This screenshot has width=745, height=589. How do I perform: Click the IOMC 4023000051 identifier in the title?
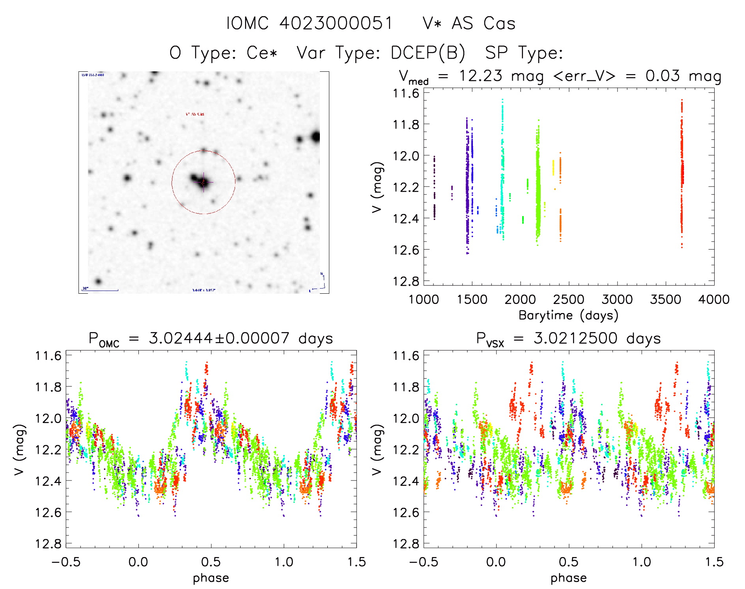(x=310, y=23)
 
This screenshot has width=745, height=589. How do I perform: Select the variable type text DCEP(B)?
(x=428, y=52)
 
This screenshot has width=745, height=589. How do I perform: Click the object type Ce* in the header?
(x=262, y=52)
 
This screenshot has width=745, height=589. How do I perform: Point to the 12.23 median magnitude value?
(x=480, y=76)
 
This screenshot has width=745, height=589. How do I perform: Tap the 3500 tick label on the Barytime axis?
(x=665, y=300)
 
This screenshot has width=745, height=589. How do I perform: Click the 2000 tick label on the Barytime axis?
(x=520, y=300)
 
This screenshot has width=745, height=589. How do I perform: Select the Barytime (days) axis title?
(x=568, y=315)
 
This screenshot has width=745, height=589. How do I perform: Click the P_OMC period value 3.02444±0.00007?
(x=219, y=338)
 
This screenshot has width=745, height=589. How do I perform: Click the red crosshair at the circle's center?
(x=204, y=182)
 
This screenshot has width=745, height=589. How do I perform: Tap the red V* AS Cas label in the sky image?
(x=195, y=114)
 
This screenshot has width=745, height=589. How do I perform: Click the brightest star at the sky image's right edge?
(x=315, y=137)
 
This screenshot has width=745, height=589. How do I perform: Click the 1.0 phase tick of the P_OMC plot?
(x=284, y=562)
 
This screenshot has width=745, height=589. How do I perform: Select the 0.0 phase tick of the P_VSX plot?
(x=496, y=562)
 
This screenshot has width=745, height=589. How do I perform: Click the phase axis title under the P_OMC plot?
(x=211, y=578)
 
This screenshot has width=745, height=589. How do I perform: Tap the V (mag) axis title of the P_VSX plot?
(x=377, y=449)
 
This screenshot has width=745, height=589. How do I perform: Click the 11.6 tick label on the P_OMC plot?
(x=48, y=356)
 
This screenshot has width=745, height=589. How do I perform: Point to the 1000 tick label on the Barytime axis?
(x=424, y=300)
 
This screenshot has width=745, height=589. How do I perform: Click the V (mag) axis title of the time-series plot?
(x=377, y=187)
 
